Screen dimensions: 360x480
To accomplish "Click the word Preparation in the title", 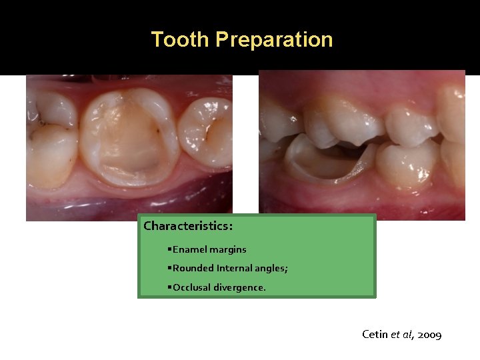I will (x=274, y=39).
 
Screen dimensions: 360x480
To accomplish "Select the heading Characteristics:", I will (x=188, y=226).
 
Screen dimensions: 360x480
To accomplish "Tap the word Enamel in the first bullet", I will (x=189, y=249).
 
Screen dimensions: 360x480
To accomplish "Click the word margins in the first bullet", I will (x=228, y=249).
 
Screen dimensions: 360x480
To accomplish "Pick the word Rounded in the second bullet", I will (x=193, y=268).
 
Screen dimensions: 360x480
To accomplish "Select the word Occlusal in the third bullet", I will (x=192, y=287).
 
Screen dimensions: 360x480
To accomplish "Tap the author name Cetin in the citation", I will (x=374, y=334).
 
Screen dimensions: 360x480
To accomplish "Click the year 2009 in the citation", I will (x=429, y=334).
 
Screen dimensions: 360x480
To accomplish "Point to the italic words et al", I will (x=402, y=334).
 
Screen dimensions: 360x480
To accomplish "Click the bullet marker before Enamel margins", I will (x=170, y=249).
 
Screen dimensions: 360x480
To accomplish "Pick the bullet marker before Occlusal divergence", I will (x=170, y=287).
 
